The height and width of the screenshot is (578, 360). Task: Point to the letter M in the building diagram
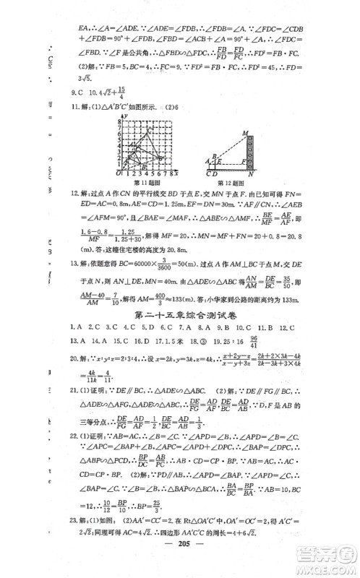click(247, 132)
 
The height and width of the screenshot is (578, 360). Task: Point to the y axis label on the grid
click(127, 116)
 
